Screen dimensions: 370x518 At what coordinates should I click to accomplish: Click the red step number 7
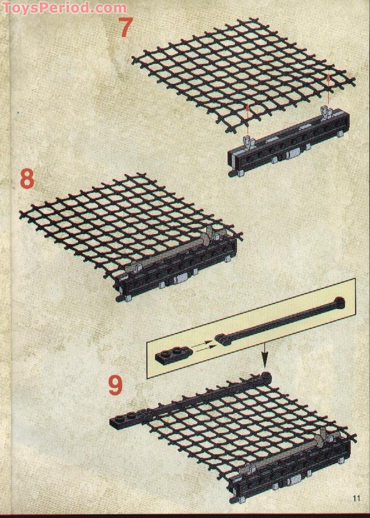126,27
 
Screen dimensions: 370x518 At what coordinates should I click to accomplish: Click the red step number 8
27,178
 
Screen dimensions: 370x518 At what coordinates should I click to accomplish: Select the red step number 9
116,385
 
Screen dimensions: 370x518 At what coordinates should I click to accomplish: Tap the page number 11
356,498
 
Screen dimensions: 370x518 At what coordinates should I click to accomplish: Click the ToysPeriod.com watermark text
64,8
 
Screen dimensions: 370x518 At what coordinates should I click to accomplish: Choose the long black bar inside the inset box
280,322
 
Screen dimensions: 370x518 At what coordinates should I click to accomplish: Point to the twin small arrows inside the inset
204,345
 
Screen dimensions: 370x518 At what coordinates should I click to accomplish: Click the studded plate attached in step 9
126,419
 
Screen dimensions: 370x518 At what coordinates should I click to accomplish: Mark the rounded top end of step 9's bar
265,376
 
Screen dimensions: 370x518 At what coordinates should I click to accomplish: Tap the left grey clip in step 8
134,268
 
